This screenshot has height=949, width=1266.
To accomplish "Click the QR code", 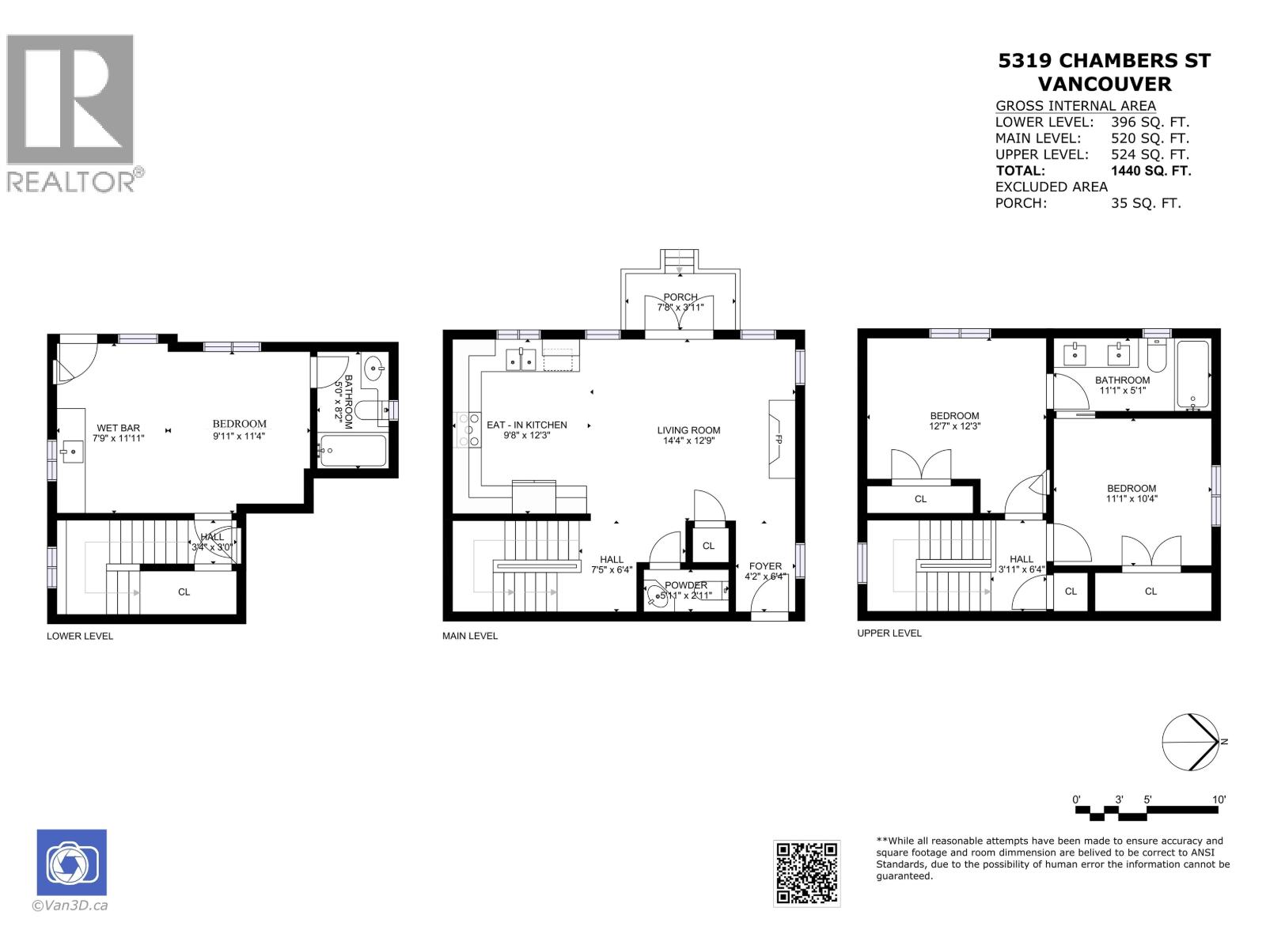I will (x=806, y=873).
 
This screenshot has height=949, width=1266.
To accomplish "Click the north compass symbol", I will (x=1191, y=742).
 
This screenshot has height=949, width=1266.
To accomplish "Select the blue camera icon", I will (x=71, y=862).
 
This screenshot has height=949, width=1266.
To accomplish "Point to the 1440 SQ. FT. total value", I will (x=1150, y=171).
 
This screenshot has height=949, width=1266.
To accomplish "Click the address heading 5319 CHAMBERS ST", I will (x=1104, y=61).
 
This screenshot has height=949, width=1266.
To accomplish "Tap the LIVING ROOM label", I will (x=688, y=430).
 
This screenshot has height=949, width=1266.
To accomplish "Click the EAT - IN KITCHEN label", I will (x=526, y=425).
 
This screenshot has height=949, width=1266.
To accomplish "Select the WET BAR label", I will (x=118, y=428).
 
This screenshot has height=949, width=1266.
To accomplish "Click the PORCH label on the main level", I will (x=680, y=297).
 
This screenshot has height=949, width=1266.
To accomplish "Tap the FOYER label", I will (x=765, y=566).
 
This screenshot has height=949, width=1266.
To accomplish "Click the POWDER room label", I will (x=686, y=585).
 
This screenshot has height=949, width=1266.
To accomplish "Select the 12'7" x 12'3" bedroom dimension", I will (x=954, y=426).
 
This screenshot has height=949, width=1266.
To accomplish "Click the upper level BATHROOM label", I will (x=1122, y=380).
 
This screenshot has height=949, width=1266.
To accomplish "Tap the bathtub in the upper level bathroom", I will (x=1192, y=375).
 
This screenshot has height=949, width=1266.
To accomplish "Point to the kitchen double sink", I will (x=521, y=360).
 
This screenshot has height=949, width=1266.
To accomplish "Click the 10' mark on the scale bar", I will (x=1219, y=800).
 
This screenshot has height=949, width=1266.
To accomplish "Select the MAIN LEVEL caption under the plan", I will (x=470, y=636).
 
